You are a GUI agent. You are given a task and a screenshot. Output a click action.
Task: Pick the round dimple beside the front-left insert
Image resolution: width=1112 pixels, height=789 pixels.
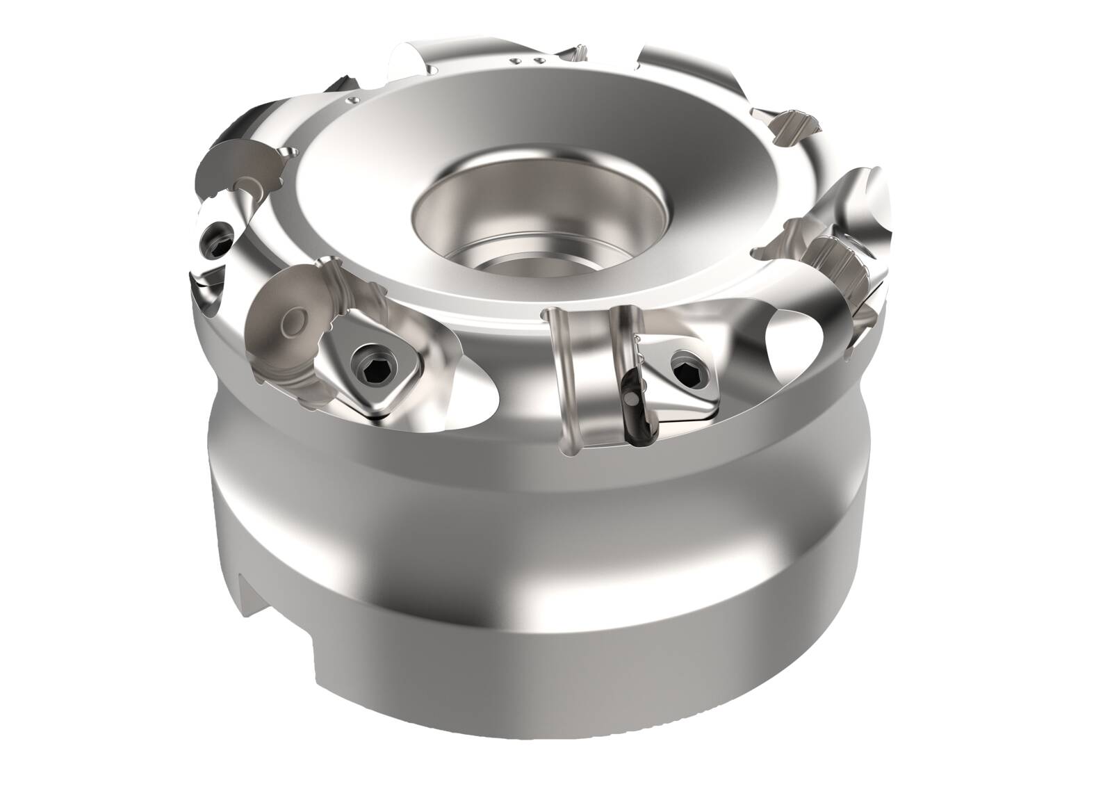coord(295,321)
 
